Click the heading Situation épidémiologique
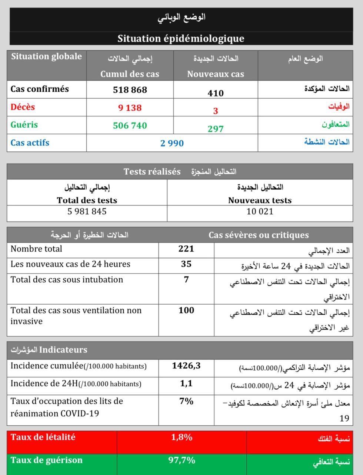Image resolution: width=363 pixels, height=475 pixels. coord(181,39)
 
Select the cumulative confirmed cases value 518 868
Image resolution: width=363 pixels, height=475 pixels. coord(130,90)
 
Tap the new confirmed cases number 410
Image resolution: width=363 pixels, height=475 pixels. coord(216,93)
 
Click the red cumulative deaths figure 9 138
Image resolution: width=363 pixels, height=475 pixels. coord(130,108)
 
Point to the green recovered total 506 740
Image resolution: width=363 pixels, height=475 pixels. coord(130,125)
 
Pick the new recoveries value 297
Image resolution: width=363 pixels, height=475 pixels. coord(216,129)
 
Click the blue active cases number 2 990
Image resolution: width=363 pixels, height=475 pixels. coord(172,143)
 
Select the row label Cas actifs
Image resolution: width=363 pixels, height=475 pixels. coord(30,143)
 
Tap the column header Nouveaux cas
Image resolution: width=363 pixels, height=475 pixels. coord(216,74)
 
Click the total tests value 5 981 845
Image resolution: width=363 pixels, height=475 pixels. coord(87,212)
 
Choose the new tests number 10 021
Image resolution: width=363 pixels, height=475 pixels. coord(260,212)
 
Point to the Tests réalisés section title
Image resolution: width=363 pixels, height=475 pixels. coord(152,171)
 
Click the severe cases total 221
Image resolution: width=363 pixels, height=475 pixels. coord(186,249)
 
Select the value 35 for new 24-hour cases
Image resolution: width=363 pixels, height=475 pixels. coord(186,264)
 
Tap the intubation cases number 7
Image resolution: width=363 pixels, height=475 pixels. coord(186,279)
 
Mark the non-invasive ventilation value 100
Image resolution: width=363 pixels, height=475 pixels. coord(186,310)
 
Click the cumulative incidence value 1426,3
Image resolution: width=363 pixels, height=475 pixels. coord(186,366)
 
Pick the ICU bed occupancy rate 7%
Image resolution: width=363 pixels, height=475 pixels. coord(186,401)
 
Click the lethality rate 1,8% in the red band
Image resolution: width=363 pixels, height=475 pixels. coord(181,437)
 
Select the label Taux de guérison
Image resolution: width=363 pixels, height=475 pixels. coord(46,460)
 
